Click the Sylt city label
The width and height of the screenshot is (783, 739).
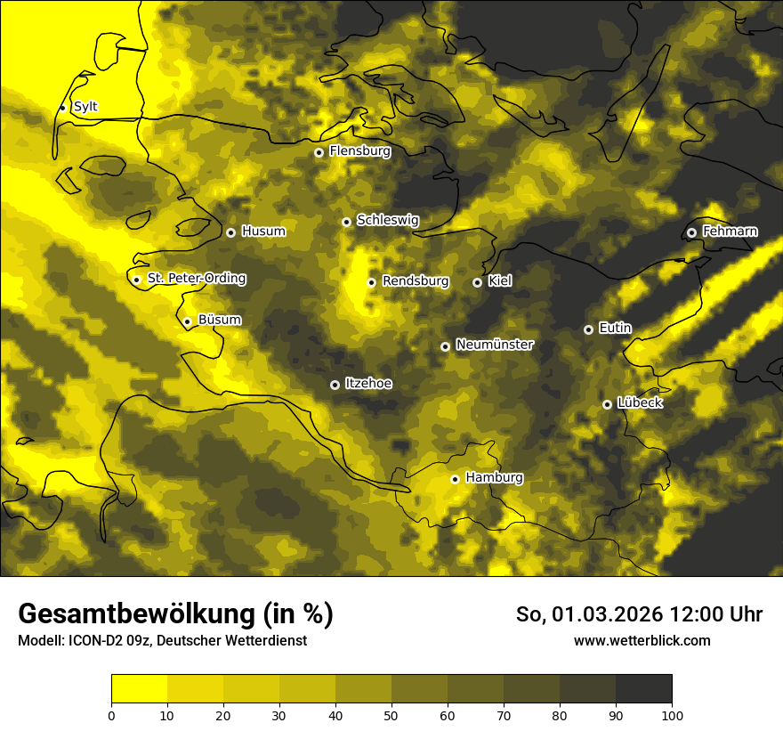(x=85, y=107)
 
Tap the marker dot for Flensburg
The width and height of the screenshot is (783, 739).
(x=319, y=152)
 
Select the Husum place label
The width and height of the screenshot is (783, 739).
(x=263, y=231)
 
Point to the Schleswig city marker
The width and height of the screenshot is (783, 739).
(x=346, y=222)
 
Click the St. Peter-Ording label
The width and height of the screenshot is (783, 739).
(x=197, y=279)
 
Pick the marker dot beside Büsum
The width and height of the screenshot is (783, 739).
(x=187, y=321)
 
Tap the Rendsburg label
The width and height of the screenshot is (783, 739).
(x=416, y=281)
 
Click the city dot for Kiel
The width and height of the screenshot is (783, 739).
(x=477, y=282)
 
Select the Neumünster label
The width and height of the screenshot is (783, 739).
(x=495, y=345)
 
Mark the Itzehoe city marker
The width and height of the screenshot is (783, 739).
(x=335, y=385)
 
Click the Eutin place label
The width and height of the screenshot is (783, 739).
(x=615, y=329)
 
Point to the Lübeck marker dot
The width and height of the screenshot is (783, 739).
(x=607, y=404)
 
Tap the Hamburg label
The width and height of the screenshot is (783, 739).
(x=494, y=478)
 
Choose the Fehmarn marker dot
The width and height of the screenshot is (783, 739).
(x=691, y=232)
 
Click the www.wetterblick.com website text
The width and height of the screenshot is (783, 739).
(x=642, y=641)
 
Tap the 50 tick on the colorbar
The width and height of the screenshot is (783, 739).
(x=391, y=714)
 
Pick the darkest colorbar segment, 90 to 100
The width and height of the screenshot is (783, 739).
(x=643, y=688)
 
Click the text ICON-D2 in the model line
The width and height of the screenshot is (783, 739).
(x=90, y=641)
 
